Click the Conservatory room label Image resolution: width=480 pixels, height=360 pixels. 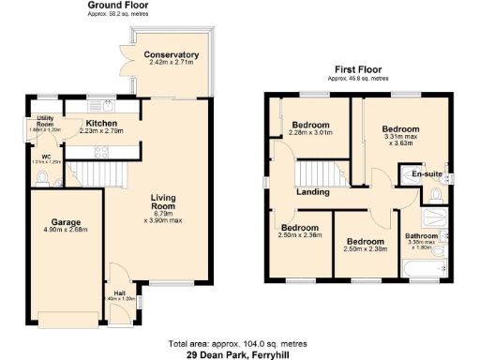click(171, 55)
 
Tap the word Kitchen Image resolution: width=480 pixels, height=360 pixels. click(100, 123)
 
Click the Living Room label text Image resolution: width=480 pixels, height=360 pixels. click(171, 202)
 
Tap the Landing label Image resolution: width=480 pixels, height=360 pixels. click(312, 192)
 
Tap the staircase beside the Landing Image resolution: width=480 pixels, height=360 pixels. click(314, 173)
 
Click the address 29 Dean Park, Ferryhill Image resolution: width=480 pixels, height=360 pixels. click(240, 353)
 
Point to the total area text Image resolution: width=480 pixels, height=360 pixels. click(239, 343)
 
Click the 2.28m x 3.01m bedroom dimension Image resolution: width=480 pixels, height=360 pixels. click(310, 133)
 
